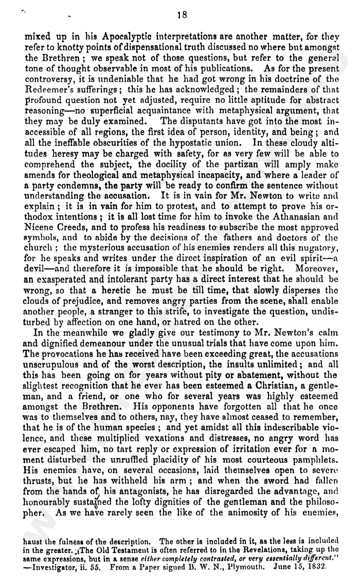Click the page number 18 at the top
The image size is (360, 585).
(x=181, y=15)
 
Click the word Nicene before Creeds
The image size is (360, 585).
(x=40, y=225)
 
